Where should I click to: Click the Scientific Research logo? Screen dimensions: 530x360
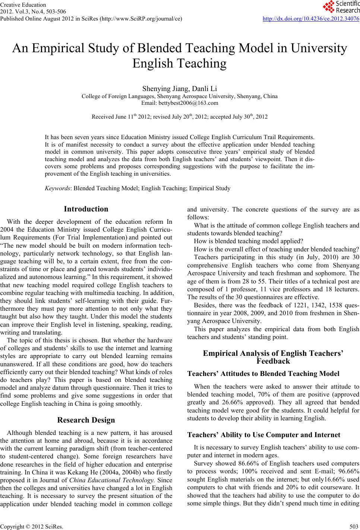point(341,6)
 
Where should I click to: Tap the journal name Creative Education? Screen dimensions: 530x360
point(23,5)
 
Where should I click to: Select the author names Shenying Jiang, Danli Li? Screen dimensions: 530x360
point(180,89)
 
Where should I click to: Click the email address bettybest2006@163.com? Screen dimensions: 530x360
point(180,103)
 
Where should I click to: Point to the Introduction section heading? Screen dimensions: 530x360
point(86,209)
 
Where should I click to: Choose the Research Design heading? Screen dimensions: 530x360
point(86,420)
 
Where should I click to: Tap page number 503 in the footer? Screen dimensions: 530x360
point(354,526)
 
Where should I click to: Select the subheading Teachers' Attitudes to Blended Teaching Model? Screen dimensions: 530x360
point(263,374)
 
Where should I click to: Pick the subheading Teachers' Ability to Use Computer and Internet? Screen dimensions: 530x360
point(263,435)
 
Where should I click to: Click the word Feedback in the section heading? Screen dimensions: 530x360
point(273,361)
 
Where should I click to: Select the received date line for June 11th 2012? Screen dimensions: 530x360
point(180,117)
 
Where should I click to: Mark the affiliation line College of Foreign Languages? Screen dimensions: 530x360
point(180,96)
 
